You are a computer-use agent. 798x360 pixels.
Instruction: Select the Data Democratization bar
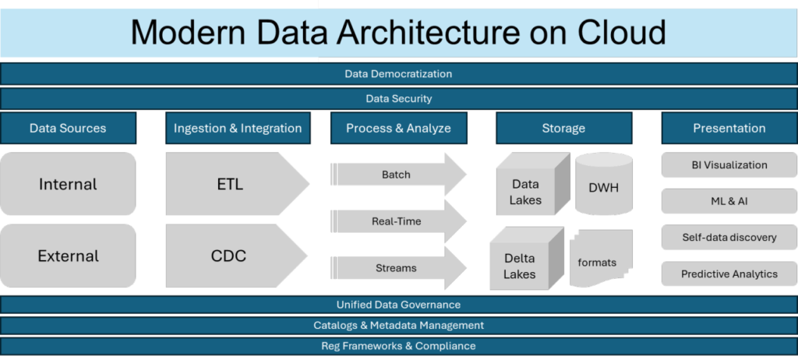point(398,74)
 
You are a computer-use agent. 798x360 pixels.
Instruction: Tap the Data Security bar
point(398,99)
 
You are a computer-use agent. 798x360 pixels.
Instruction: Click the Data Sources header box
point(68,128)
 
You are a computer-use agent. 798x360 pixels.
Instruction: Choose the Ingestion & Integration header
point(238,128)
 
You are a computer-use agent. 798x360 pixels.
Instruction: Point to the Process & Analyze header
point(398,128)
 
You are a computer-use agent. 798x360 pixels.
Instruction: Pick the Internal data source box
point(68,184)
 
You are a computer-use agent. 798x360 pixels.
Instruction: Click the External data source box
point(68,256)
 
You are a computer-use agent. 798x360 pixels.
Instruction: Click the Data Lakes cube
point(526,192)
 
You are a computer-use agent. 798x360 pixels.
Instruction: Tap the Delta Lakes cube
point(520,265)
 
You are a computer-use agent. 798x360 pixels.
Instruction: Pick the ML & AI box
point(729,201)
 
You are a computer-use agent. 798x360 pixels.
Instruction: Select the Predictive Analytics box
point(729,274)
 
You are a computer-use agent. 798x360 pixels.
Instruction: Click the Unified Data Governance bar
point(398,305)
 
